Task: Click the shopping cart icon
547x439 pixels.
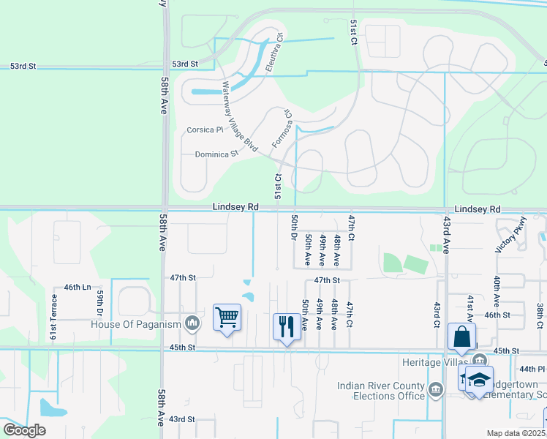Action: (227, 318)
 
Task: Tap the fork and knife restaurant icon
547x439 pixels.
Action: (286, 325)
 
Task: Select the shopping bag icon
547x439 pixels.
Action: (461, 337)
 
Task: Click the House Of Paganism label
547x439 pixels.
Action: (136, 323)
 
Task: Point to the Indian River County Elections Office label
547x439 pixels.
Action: (380, 391)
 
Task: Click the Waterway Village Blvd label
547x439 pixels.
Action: (241, 116)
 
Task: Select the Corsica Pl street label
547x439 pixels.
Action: (205, 130)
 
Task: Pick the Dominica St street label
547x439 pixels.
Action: (217, 154)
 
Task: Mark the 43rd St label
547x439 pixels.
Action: (183, 419)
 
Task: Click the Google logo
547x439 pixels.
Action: (24, 429)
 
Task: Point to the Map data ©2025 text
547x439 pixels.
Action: (516, 433)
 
